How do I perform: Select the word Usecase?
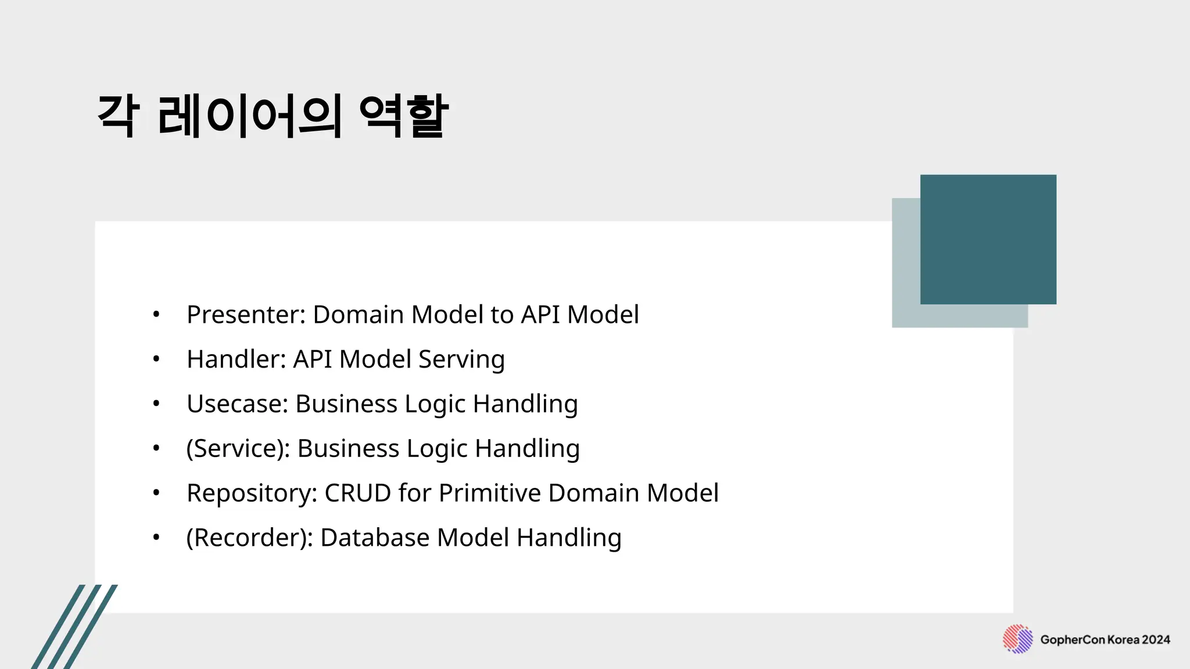(237, 404)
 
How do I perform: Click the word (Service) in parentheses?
(238, 449)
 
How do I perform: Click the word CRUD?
(357, 493)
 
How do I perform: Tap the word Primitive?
(490, 493)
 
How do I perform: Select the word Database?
(375, 538)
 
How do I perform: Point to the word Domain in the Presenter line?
(358, 315)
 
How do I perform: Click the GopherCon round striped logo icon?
(1017, 639)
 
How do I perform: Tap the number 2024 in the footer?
(1156, 640)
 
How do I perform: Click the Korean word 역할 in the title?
(404, 116)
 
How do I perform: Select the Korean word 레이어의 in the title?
(249, 116)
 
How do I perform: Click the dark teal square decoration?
(988, 239)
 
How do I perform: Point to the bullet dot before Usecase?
(156, 404)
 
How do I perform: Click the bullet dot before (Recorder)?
(156, 537)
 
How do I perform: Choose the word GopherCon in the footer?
(1072, 640)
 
